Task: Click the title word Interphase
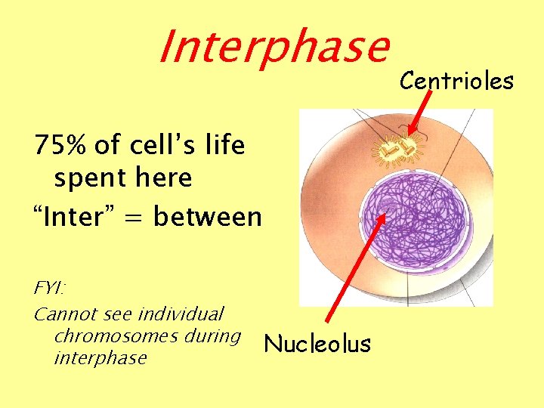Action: coord(273,47)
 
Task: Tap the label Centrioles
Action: coord(456,80)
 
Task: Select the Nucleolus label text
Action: coord(317,345)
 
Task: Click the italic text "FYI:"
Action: coord(50,289)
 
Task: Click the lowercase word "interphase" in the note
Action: coord(100,357)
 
